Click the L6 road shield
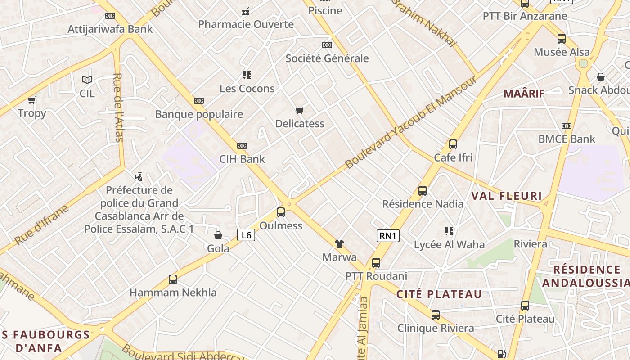pyautogui.click(x=246, y=234)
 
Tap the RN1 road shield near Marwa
pyautogui.click(x=388, y=235)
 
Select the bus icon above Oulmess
pyautogui.click(x=281, y=212)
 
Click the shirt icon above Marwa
pyautogui.click(x=339, y=244)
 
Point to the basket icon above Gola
pyautogui.click(x=218, y=235)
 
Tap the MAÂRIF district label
pyautogui.click(x=524, y=94)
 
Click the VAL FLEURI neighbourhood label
pyautogui.click(x=506, y=196)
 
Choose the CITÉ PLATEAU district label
pyautogui.click(x=439, y=294)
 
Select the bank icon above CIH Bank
pyautogui.click(x=242, y=146)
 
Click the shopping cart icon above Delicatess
pyautogui.click(x=300, y=110)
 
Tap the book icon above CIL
pyautogui.click(x=87, y=80)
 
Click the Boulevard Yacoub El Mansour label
pyautogui.click(x=410, y=122)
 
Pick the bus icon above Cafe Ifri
pyautogui.click(x=453, y=144)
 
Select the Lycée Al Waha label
pyautogui.click(x=449, y=245)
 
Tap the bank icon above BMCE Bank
pyautogui.click(x=567, y=126)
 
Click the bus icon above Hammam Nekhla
pyautogui.click(x=173, y=279)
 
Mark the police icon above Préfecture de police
pyautogui.click(x=139, y=177)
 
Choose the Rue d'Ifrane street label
pyautogui.click(x=41, y=225)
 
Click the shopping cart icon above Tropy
pyautogui.click(x=32, y=100)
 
